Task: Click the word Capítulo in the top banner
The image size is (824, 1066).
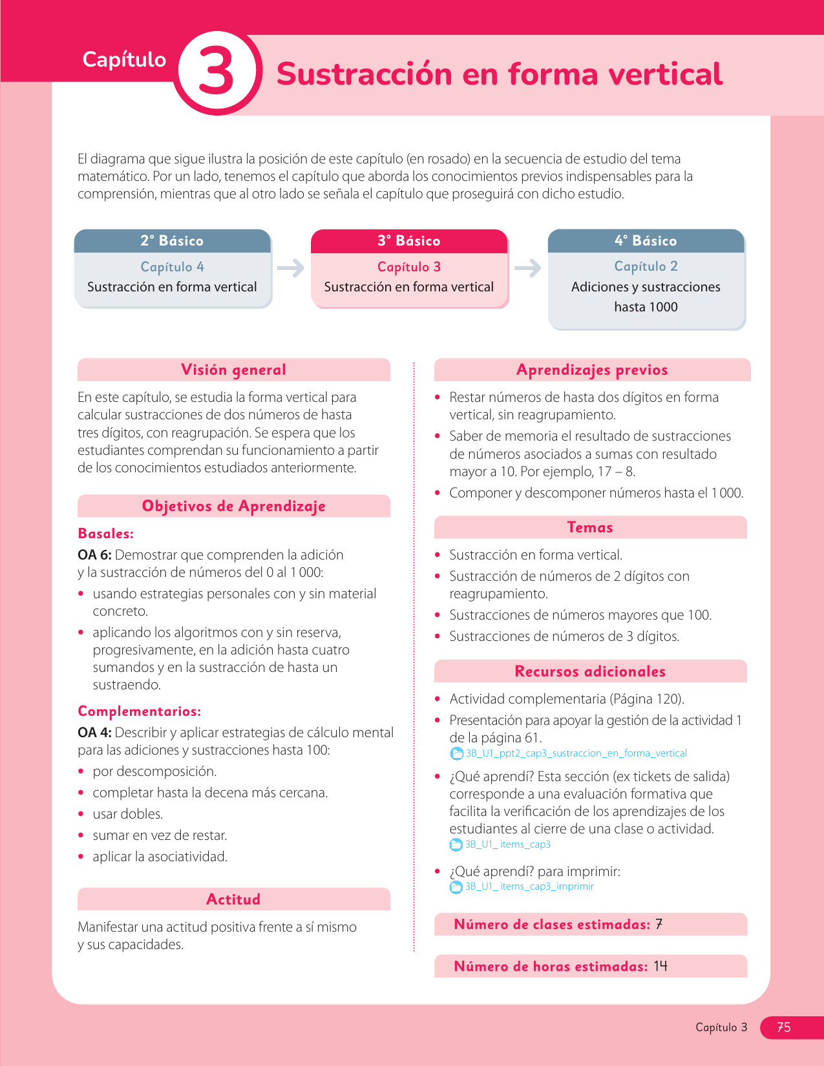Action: pos(124,59)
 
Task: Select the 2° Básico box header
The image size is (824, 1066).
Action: pos(172,241)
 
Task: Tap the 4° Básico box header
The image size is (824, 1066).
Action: pos(646,241)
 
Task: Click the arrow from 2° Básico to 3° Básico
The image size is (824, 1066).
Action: pos(291,268)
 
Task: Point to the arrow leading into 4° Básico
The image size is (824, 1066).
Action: pos(528,268)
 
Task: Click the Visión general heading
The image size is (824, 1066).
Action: pos(233,370)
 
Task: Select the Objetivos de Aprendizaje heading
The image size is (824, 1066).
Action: pos(233,507)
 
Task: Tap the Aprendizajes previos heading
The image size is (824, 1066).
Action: pos(592,370)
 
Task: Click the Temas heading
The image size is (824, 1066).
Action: pos(590,528)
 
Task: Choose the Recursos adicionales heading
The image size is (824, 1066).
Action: pos(590,672)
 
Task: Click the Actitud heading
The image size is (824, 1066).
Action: pos(233,900)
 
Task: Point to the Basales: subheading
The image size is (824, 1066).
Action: pos(105,534)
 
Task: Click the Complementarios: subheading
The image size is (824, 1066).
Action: pos(139,711)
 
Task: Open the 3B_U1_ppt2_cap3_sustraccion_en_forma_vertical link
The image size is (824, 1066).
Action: pos(576,753)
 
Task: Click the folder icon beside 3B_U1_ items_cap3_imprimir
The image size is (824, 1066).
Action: pos(456,887)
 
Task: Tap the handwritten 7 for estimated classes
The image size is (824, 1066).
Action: pos(659,925)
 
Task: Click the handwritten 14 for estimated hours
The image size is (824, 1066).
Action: pos(660,967)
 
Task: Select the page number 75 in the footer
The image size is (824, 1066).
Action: pos(783,1027)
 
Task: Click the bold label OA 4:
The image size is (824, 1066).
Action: pos(94,733)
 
